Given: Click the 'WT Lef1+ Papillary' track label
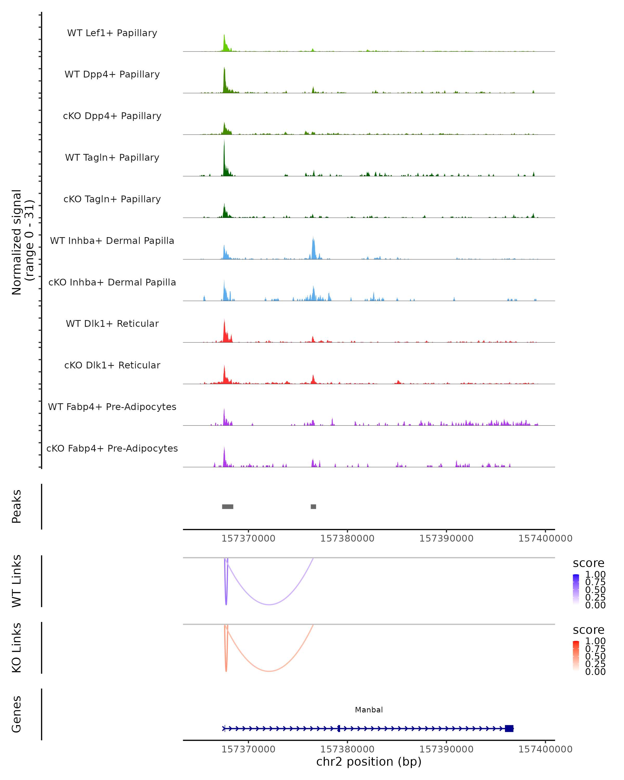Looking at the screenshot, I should click(112, 33).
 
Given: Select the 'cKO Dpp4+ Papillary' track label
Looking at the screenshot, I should click(112, 116).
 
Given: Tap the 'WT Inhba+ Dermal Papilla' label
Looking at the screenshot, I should click(112, 241).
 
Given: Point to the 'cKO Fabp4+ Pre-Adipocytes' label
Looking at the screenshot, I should click(112, 448).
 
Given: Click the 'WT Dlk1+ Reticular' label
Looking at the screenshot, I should click(112, 324).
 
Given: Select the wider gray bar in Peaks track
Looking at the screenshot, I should click(227, 506).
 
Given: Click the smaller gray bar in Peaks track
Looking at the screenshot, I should click(313, 506).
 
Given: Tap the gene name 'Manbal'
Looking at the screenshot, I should click(369, 710).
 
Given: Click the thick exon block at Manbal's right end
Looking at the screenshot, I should click(509, 728).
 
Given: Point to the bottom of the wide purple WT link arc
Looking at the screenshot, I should click(269, 604).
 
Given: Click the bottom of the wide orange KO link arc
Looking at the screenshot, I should click(269, 671).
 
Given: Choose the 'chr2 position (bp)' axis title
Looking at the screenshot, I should click(369, 762).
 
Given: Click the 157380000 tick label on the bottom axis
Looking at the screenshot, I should click(347, 749).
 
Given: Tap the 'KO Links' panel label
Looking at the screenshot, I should click(17, 648).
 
